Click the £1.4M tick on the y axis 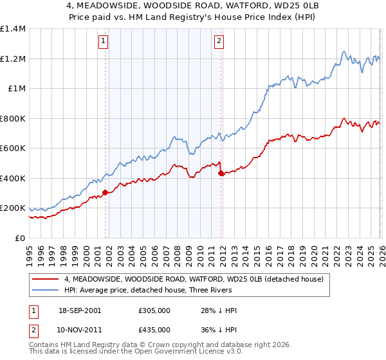[13, 29]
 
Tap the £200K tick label [13, 208]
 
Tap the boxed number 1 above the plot [104, 42]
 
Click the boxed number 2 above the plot [219, 42]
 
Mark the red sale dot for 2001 [105, 192]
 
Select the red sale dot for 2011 [221, 173]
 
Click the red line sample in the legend [46, 279]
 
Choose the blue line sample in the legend [46, 290]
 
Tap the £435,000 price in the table [154, 329]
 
